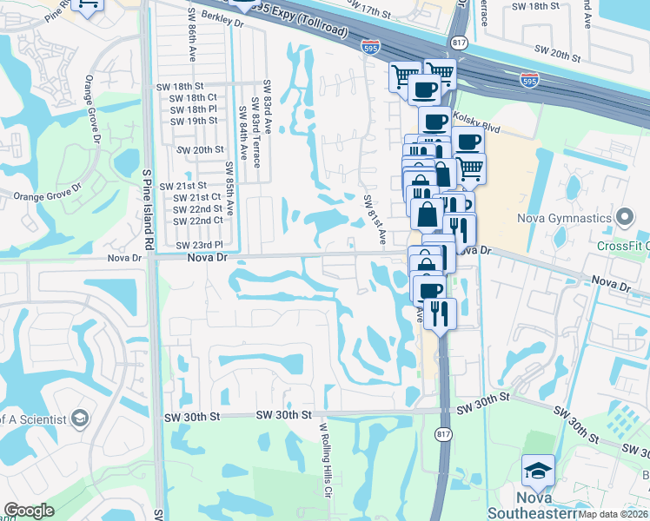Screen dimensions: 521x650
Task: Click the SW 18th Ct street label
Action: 194,98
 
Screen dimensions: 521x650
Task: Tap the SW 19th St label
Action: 194,121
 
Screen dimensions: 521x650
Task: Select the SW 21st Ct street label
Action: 197,197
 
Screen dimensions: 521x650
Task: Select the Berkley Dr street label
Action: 222,19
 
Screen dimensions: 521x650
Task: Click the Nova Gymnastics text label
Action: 565,217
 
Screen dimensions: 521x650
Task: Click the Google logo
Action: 30,511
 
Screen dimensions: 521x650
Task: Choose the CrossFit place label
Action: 622,246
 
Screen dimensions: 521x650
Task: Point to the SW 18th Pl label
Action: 194,109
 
